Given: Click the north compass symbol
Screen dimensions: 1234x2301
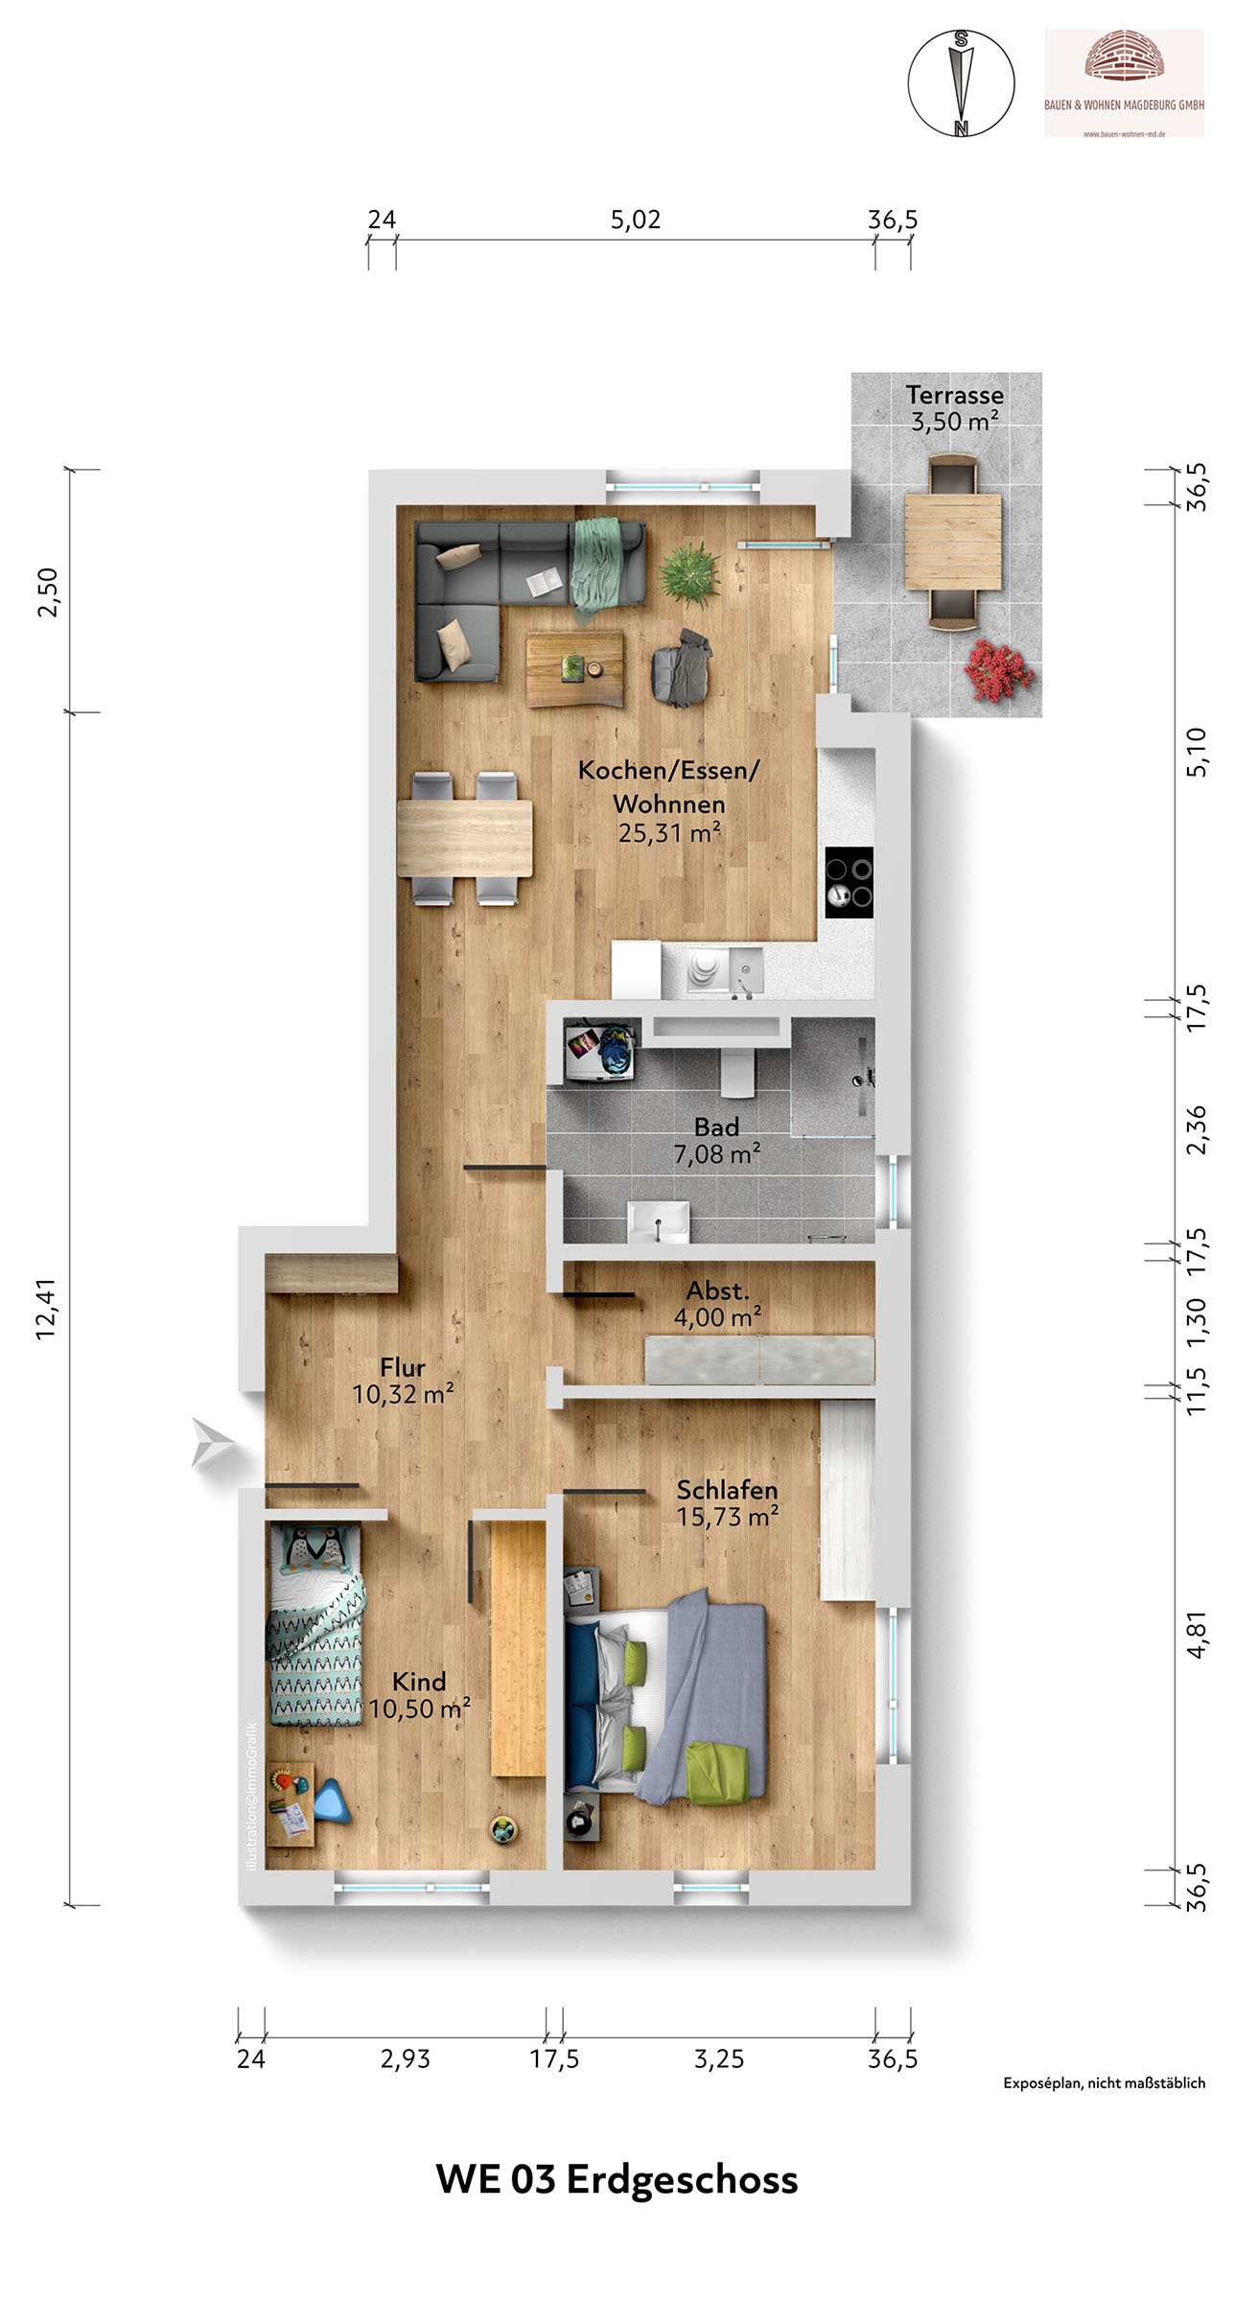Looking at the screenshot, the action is pos(961,83).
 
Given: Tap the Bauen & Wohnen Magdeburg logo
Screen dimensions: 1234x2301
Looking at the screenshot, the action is pos(1124,83).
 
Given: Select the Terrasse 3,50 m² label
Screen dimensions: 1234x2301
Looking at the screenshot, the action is pos(955,408).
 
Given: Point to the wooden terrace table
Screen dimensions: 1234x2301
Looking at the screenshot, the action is pos(954,542).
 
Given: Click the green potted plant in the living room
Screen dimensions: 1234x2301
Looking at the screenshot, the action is pos(688,573).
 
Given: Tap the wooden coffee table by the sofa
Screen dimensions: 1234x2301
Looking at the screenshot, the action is pos(574,667).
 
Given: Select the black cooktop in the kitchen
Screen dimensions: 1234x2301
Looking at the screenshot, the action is pos(850,882).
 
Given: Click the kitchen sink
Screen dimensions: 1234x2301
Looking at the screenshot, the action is pos(746,970).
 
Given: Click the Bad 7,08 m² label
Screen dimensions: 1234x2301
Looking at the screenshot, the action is pos(717,1141).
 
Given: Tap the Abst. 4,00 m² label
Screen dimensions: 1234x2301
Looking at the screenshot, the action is pos(717,1304).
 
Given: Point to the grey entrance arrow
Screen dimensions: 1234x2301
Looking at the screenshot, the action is pos(213,1442).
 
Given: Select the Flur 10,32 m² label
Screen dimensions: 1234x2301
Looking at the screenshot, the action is pos(403,1381).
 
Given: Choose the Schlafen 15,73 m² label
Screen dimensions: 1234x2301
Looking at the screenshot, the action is pos(727,1503).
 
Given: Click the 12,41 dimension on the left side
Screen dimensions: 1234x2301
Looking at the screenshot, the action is pos(46,1309).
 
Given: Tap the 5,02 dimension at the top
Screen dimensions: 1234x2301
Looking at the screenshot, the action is pos(636,220).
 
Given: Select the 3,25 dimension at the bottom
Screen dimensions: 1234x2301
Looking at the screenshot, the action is pos(719,2059).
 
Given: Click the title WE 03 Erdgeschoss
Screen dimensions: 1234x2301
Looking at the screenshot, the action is pos(617,2179).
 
